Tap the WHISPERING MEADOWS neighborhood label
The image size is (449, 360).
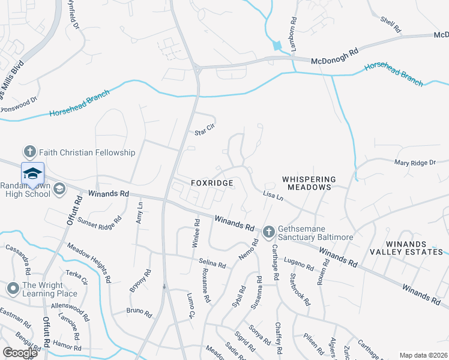tap(307, 183)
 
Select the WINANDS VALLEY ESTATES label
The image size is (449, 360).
tap(406, 248)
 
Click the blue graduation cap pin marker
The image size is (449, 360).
tap(32, 174)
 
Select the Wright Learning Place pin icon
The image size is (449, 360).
tap(12, 289)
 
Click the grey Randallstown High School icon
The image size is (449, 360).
tap(59, 190)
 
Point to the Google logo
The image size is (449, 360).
tap(19, 353)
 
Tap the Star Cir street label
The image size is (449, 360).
tap(205, 130)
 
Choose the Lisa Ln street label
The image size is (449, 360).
tap(273, 196)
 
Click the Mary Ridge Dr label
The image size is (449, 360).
tap(414, 163)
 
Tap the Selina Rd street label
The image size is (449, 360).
tap(212, 263)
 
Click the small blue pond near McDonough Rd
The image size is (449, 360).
tap(277, 46)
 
